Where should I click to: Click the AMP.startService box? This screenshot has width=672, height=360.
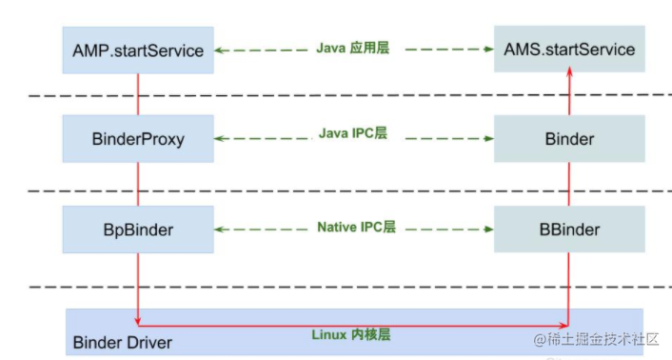click(x=138, y=50)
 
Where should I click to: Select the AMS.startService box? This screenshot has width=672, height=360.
click(x=569, y=50)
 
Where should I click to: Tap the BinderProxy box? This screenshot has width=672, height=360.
click(x=138, y=139)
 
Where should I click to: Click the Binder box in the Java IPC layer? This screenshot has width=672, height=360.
click(x=569, y=139)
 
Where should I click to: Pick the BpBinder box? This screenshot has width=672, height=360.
click(x=138, y=230)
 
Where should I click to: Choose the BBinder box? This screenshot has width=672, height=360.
click(x=569, y=230)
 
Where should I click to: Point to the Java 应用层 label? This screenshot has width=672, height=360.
click(x=354, y=47)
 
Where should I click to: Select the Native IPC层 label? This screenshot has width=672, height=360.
click(x=355, y=229)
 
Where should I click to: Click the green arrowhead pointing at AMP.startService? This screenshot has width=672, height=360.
click(x=220, y=50)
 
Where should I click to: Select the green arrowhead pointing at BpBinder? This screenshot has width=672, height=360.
click(x=220, y=230)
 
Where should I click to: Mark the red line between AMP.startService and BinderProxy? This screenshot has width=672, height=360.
click(x=138, y=94)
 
